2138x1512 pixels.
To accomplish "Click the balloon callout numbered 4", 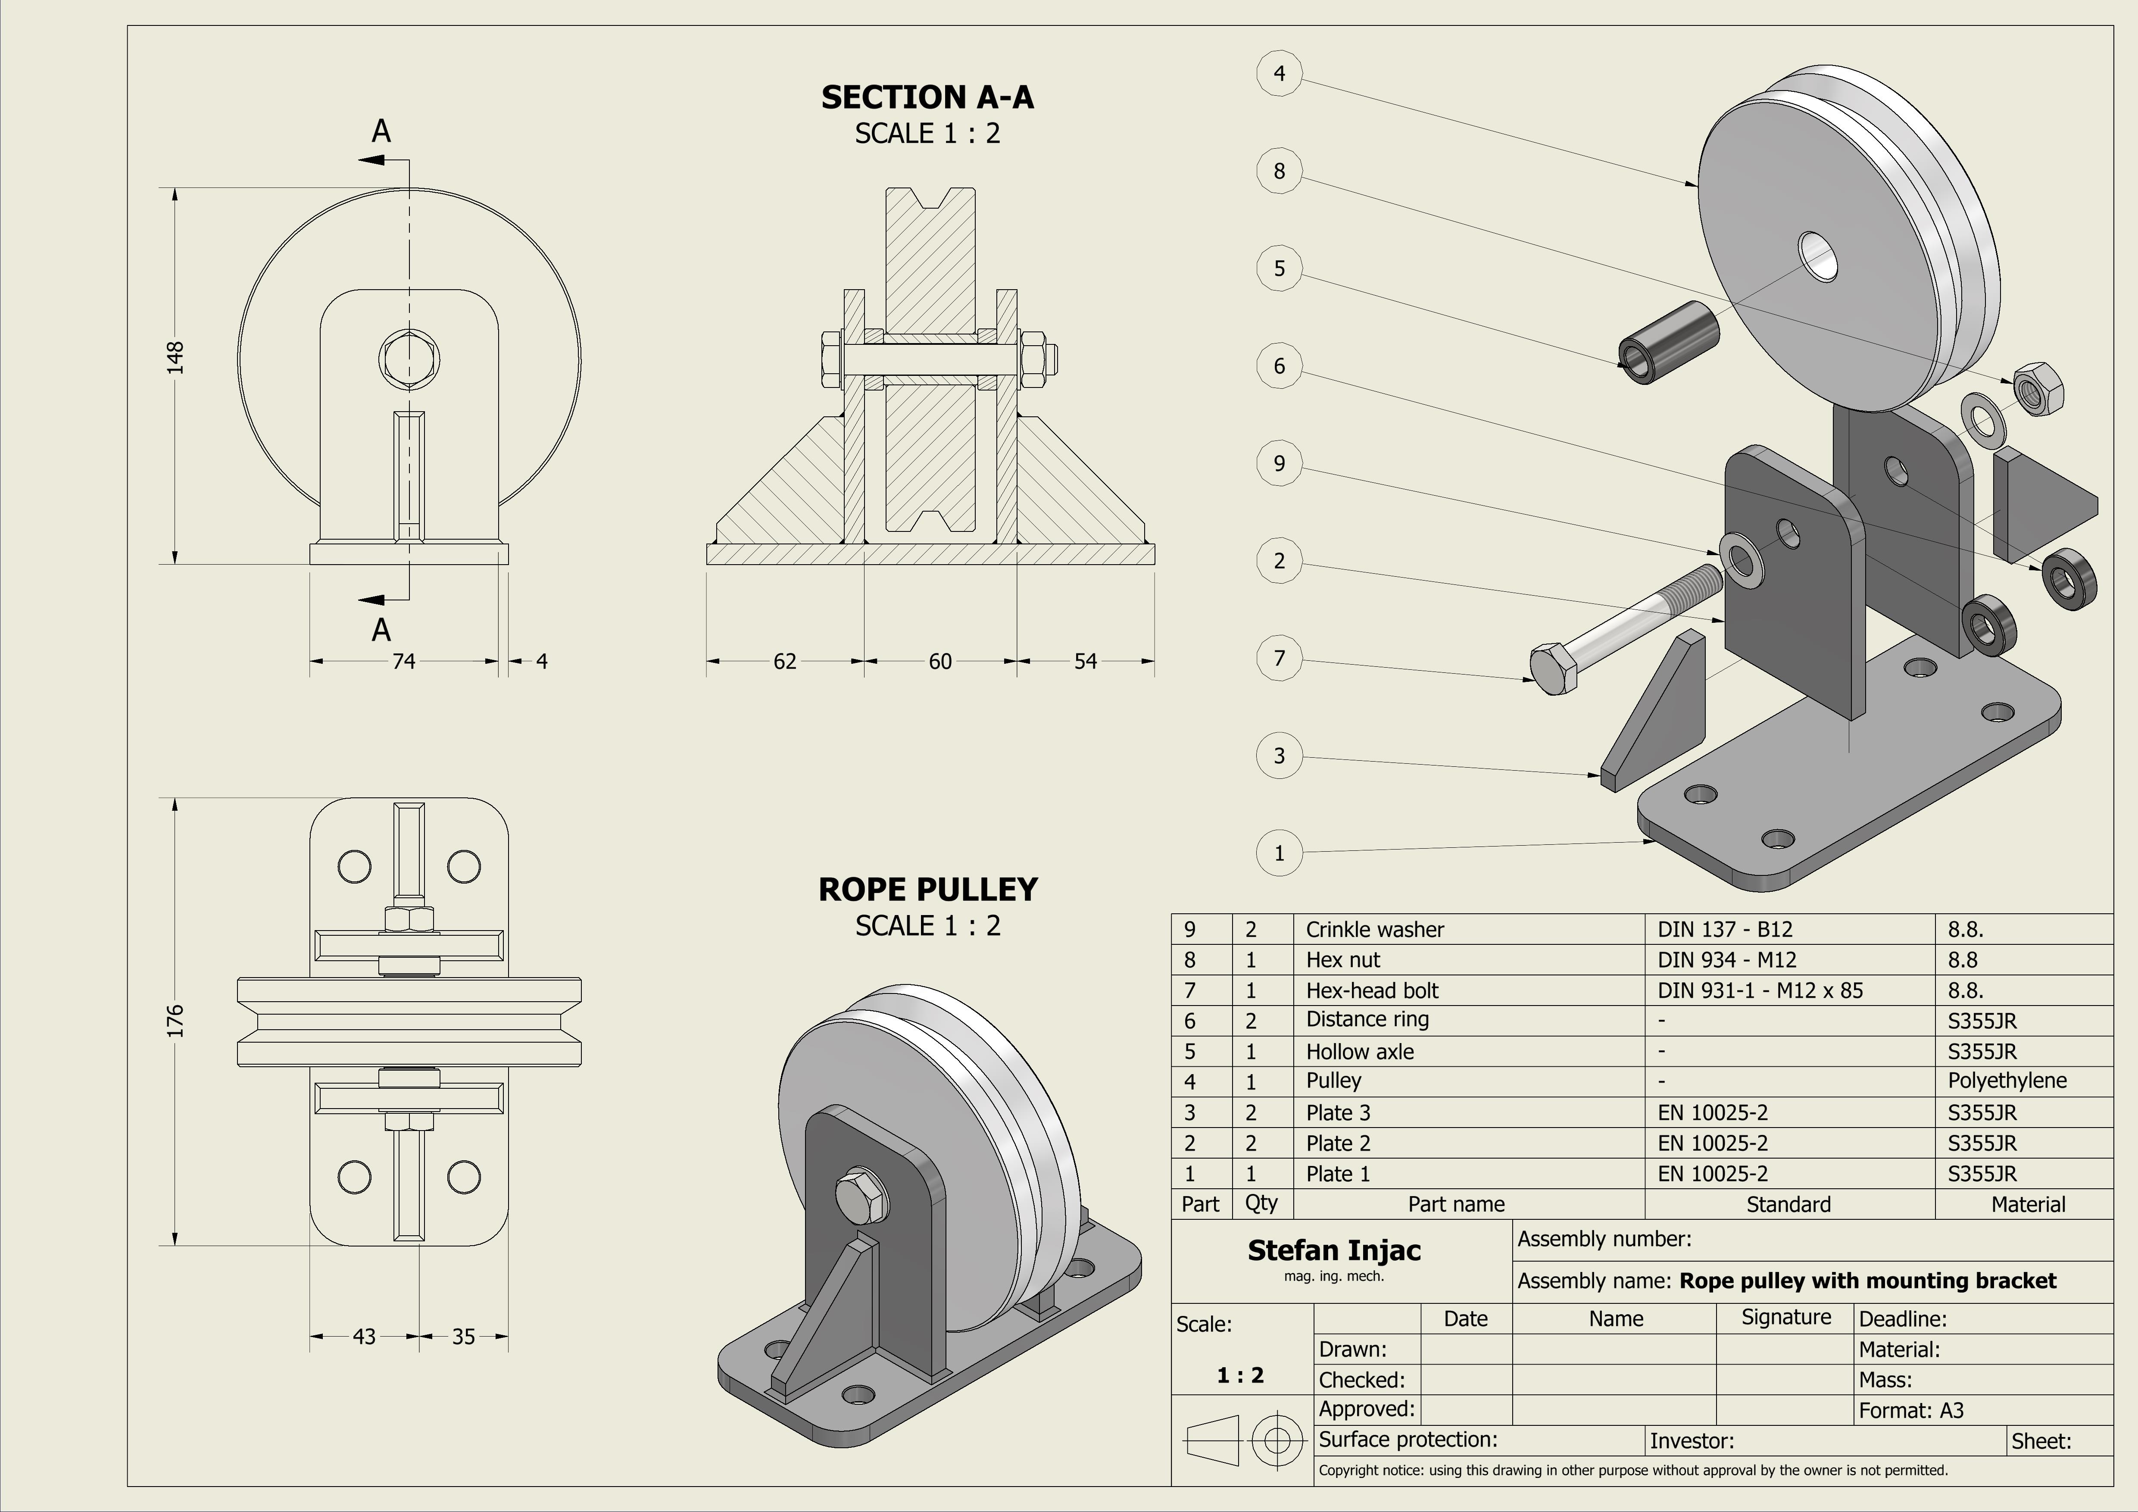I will tap(1279, 74).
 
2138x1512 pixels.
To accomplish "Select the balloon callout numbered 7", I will tap(1279, 658).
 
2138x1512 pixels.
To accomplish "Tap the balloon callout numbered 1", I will tap(1279, 853).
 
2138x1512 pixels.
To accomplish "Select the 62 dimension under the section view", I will tap(785, 661).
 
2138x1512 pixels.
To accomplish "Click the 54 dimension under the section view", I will tap(1086, 661).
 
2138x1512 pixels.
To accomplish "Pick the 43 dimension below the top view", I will tap(364, 1336).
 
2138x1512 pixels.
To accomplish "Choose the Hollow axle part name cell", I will tap(1360, 1051).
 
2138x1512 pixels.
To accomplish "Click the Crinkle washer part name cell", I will tap(1374, 929).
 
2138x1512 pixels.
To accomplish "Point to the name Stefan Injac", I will tap(1333, 1250).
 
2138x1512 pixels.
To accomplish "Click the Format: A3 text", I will tap(1911, 1411).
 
